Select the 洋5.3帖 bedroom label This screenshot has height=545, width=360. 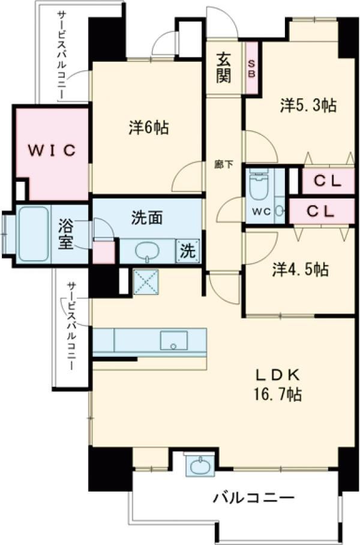coord(307,106)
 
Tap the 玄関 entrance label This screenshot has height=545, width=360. coord(224,68)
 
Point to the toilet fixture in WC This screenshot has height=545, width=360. coord(259,188)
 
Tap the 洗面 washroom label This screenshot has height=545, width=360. coord(147,219)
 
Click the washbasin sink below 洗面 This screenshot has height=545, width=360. coord(147,251)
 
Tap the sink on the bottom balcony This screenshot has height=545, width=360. coord(199,465)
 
